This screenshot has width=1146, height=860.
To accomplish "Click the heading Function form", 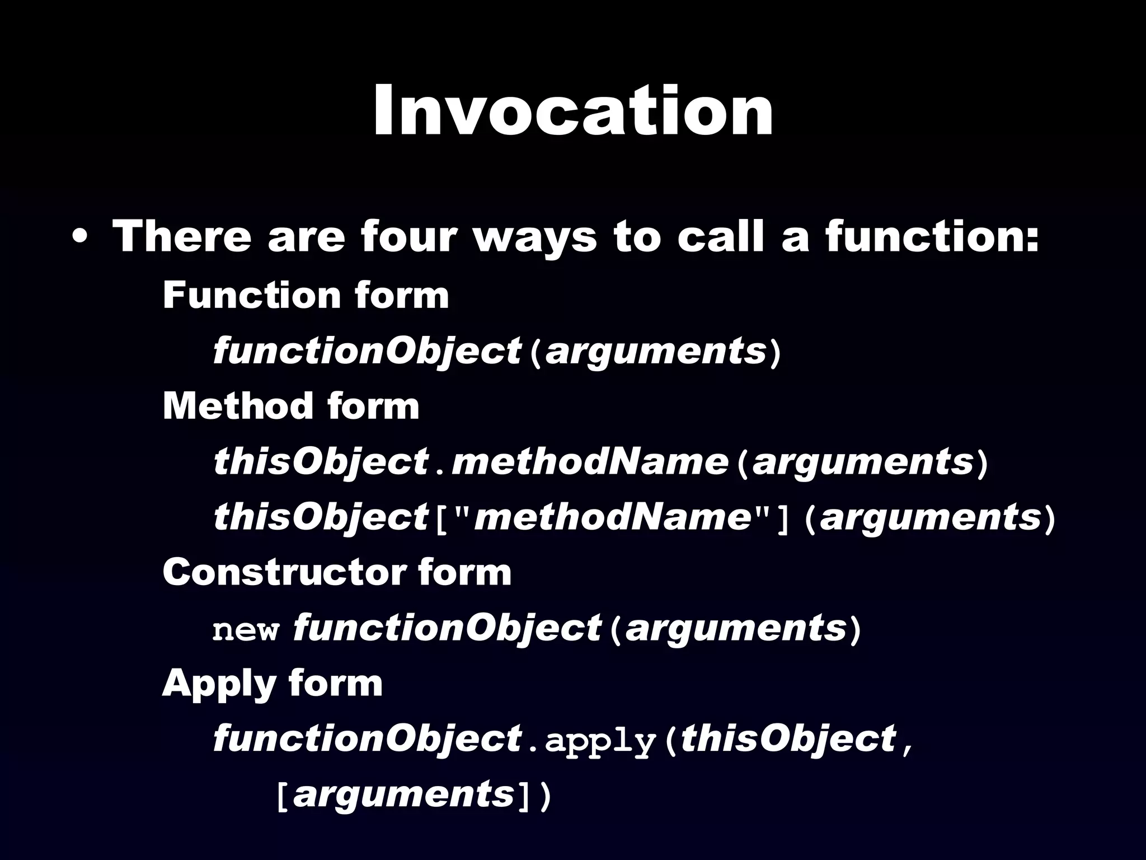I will point(306,295).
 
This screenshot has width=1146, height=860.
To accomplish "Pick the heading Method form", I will point(291,406).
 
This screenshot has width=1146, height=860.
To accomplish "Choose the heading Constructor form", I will point(337,572).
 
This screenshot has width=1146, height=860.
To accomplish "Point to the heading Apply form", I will point(272,683).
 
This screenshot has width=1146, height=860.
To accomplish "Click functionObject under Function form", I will point(367,352).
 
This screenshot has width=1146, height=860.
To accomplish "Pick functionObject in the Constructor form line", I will point(447,628).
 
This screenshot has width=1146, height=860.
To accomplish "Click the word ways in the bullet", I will point(536,237).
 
